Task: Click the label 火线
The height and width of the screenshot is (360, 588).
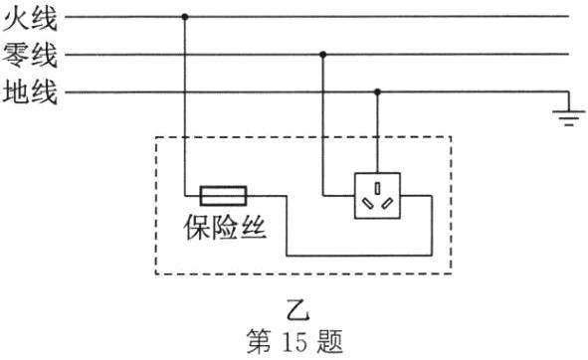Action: click(31, 17)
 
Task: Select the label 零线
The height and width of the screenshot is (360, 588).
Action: click(31, 56)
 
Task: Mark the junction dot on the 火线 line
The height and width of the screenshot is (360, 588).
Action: click(185, 17)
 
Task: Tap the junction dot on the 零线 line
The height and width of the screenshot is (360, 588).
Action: click(322, 55)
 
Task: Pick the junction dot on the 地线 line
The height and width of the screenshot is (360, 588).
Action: click(377, 92)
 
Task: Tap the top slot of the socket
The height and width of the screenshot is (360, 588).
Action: click(378, 186)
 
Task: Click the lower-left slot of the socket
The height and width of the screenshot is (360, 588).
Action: click(369, 203)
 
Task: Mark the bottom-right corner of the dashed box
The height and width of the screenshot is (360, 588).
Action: click(451, 273)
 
